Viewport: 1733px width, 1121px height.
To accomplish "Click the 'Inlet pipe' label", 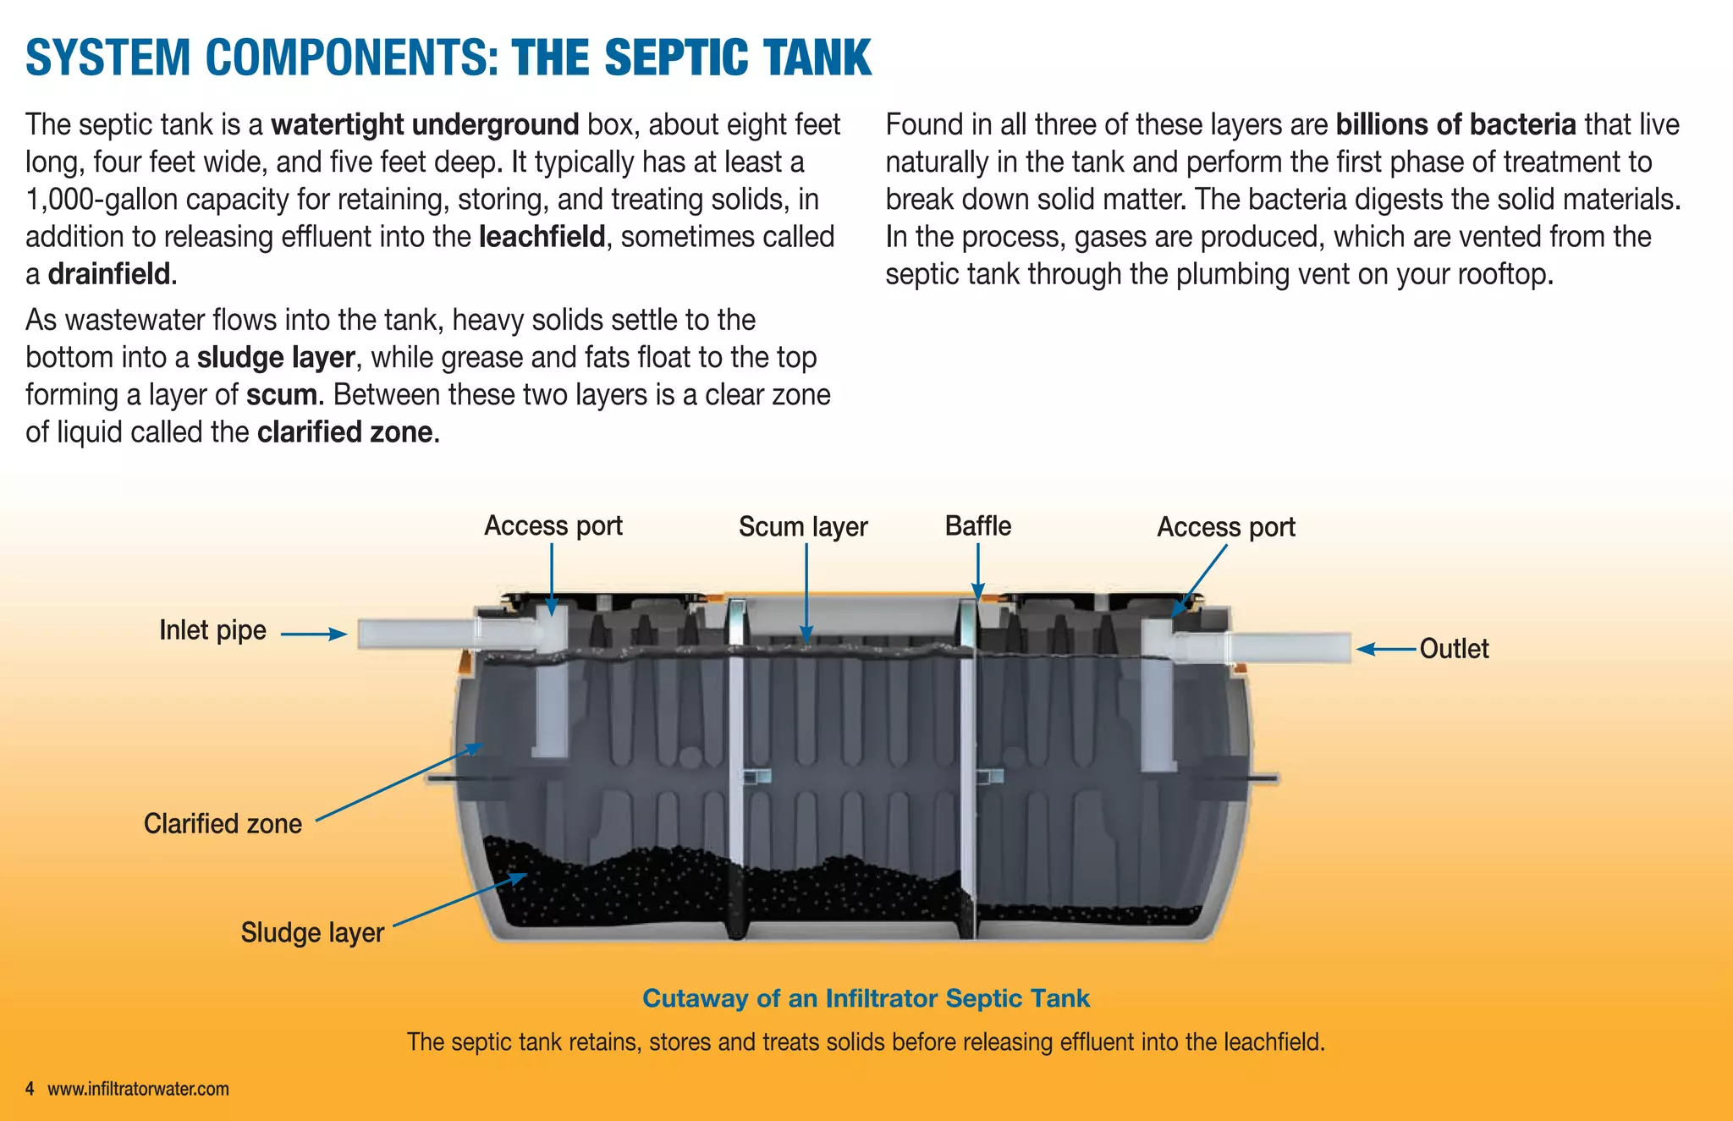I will (x=212, y=630).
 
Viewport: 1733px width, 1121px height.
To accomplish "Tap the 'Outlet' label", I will (x=1454, y=649).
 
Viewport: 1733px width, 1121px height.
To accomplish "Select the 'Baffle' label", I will (x=977, y=526).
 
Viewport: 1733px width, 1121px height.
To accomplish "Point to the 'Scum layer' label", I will (x=802, y=527).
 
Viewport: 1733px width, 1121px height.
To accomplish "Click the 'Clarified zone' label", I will (x=223, y=824).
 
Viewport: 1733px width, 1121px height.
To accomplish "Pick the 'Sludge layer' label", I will (x=312, y=932).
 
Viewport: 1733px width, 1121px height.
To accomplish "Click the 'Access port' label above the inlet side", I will (x=553, y=526).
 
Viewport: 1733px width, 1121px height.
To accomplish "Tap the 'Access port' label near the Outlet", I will (x=1225, y=527).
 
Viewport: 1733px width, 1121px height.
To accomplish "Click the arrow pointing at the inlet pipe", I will (x=313, y=634).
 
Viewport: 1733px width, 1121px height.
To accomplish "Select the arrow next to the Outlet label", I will (x=1386, y=649).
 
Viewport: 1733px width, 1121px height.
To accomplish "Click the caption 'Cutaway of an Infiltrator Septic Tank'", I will (x=866, y=998).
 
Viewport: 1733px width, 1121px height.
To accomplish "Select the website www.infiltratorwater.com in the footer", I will (x=138, y=1089).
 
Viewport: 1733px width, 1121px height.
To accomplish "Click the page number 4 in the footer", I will (x=30, y=1089).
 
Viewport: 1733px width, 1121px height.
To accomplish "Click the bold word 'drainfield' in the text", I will (x=109, y=274).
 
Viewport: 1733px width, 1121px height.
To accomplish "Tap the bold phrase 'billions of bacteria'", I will (x=1455, y=124).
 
